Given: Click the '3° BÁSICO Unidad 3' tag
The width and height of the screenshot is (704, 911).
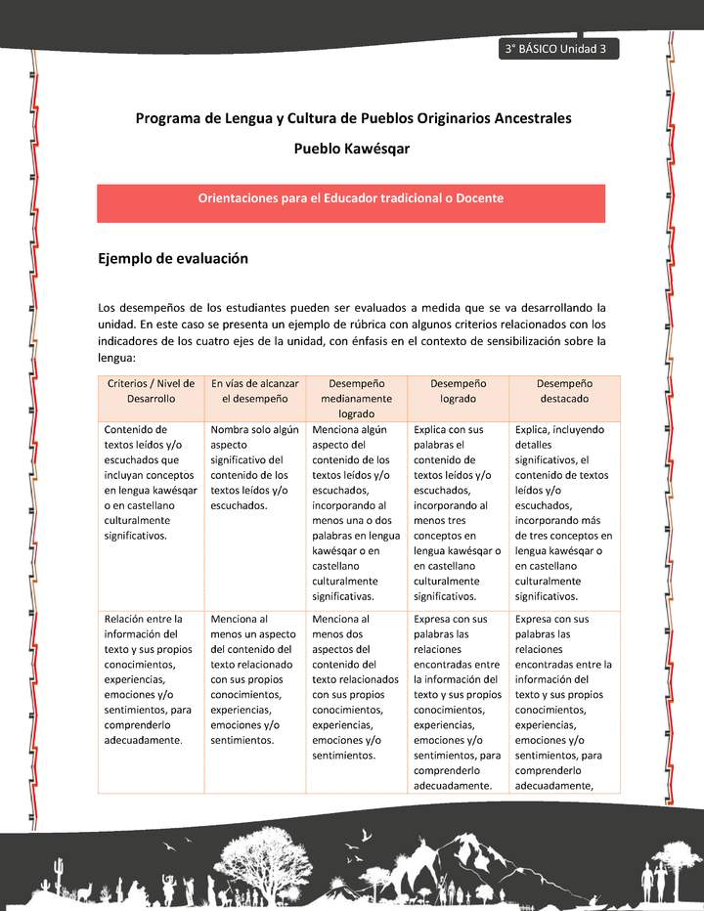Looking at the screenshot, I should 556,50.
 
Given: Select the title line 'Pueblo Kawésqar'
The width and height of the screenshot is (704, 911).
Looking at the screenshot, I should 352,149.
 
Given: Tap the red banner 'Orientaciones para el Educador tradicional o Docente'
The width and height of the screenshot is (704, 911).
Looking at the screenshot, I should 351,198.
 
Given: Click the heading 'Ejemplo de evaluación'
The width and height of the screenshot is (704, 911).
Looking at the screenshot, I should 173,259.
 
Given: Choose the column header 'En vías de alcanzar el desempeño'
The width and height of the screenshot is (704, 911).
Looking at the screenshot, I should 255,391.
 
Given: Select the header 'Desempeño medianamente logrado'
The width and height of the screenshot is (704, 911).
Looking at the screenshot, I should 357,399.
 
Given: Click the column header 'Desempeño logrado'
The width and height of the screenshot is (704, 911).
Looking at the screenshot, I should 458,391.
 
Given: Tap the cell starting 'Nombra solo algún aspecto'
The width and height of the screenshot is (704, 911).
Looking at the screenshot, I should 254,467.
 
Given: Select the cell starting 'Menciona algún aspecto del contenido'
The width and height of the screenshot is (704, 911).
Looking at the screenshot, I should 357,512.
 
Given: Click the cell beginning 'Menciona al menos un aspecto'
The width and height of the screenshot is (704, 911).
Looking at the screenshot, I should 254,679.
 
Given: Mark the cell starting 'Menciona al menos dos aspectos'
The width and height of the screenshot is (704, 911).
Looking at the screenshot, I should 357,687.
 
